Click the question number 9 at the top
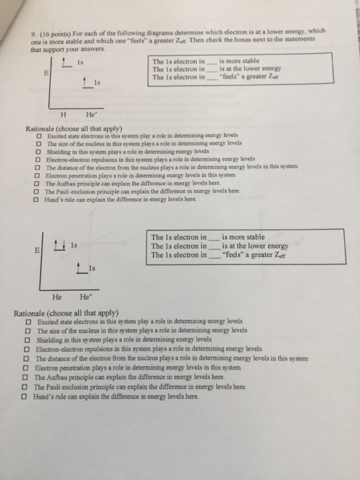click(33, 38)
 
